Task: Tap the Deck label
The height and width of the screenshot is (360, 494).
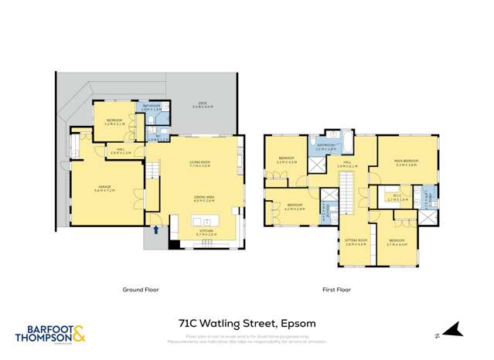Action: [203, 104]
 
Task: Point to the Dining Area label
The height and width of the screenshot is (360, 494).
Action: [203, 199]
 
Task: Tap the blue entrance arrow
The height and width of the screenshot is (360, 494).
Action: [158, 229]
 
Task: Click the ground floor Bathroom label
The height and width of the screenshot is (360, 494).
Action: [151, 107]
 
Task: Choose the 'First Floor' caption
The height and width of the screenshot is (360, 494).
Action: [336, 290]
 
